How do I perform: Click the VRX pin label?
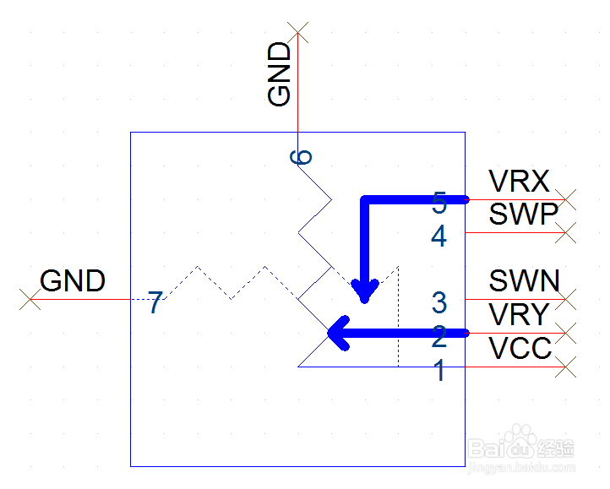click(x=519, y=181)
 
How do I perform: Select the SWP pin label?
click(x=523, y=214)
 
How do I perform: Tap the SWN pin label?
click(x=524, y=280)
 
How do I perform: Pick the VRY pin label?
click(x=519, y=314)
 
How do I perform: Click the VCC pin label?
click(x=520, y=348)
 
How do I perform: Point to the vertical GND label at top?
click(x=280, y=74)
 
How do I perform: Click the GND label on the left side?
click(x=73, y=280)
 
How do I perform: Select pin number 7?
click(x=155, y=302)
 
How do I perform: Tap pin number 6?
click(x=301, y=157)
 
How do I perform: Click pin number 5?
click(x=439, y=203)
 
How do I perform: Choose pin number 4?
click(x=438, y=236)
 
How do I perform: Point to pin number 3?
click(x=439, y=302)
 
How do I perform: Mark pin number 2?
click(x=439, y=336)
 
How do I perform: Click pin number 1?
click(x=439, y=370)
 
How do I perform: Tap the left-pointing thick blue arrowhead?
click(x=339, y=333)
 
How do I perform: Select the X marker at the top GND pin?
click(x=297, y=33)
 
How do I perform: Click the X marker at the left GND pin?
click(x=30, y=299)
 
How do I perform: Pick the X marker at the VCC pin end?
click(x=565, y=367)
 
